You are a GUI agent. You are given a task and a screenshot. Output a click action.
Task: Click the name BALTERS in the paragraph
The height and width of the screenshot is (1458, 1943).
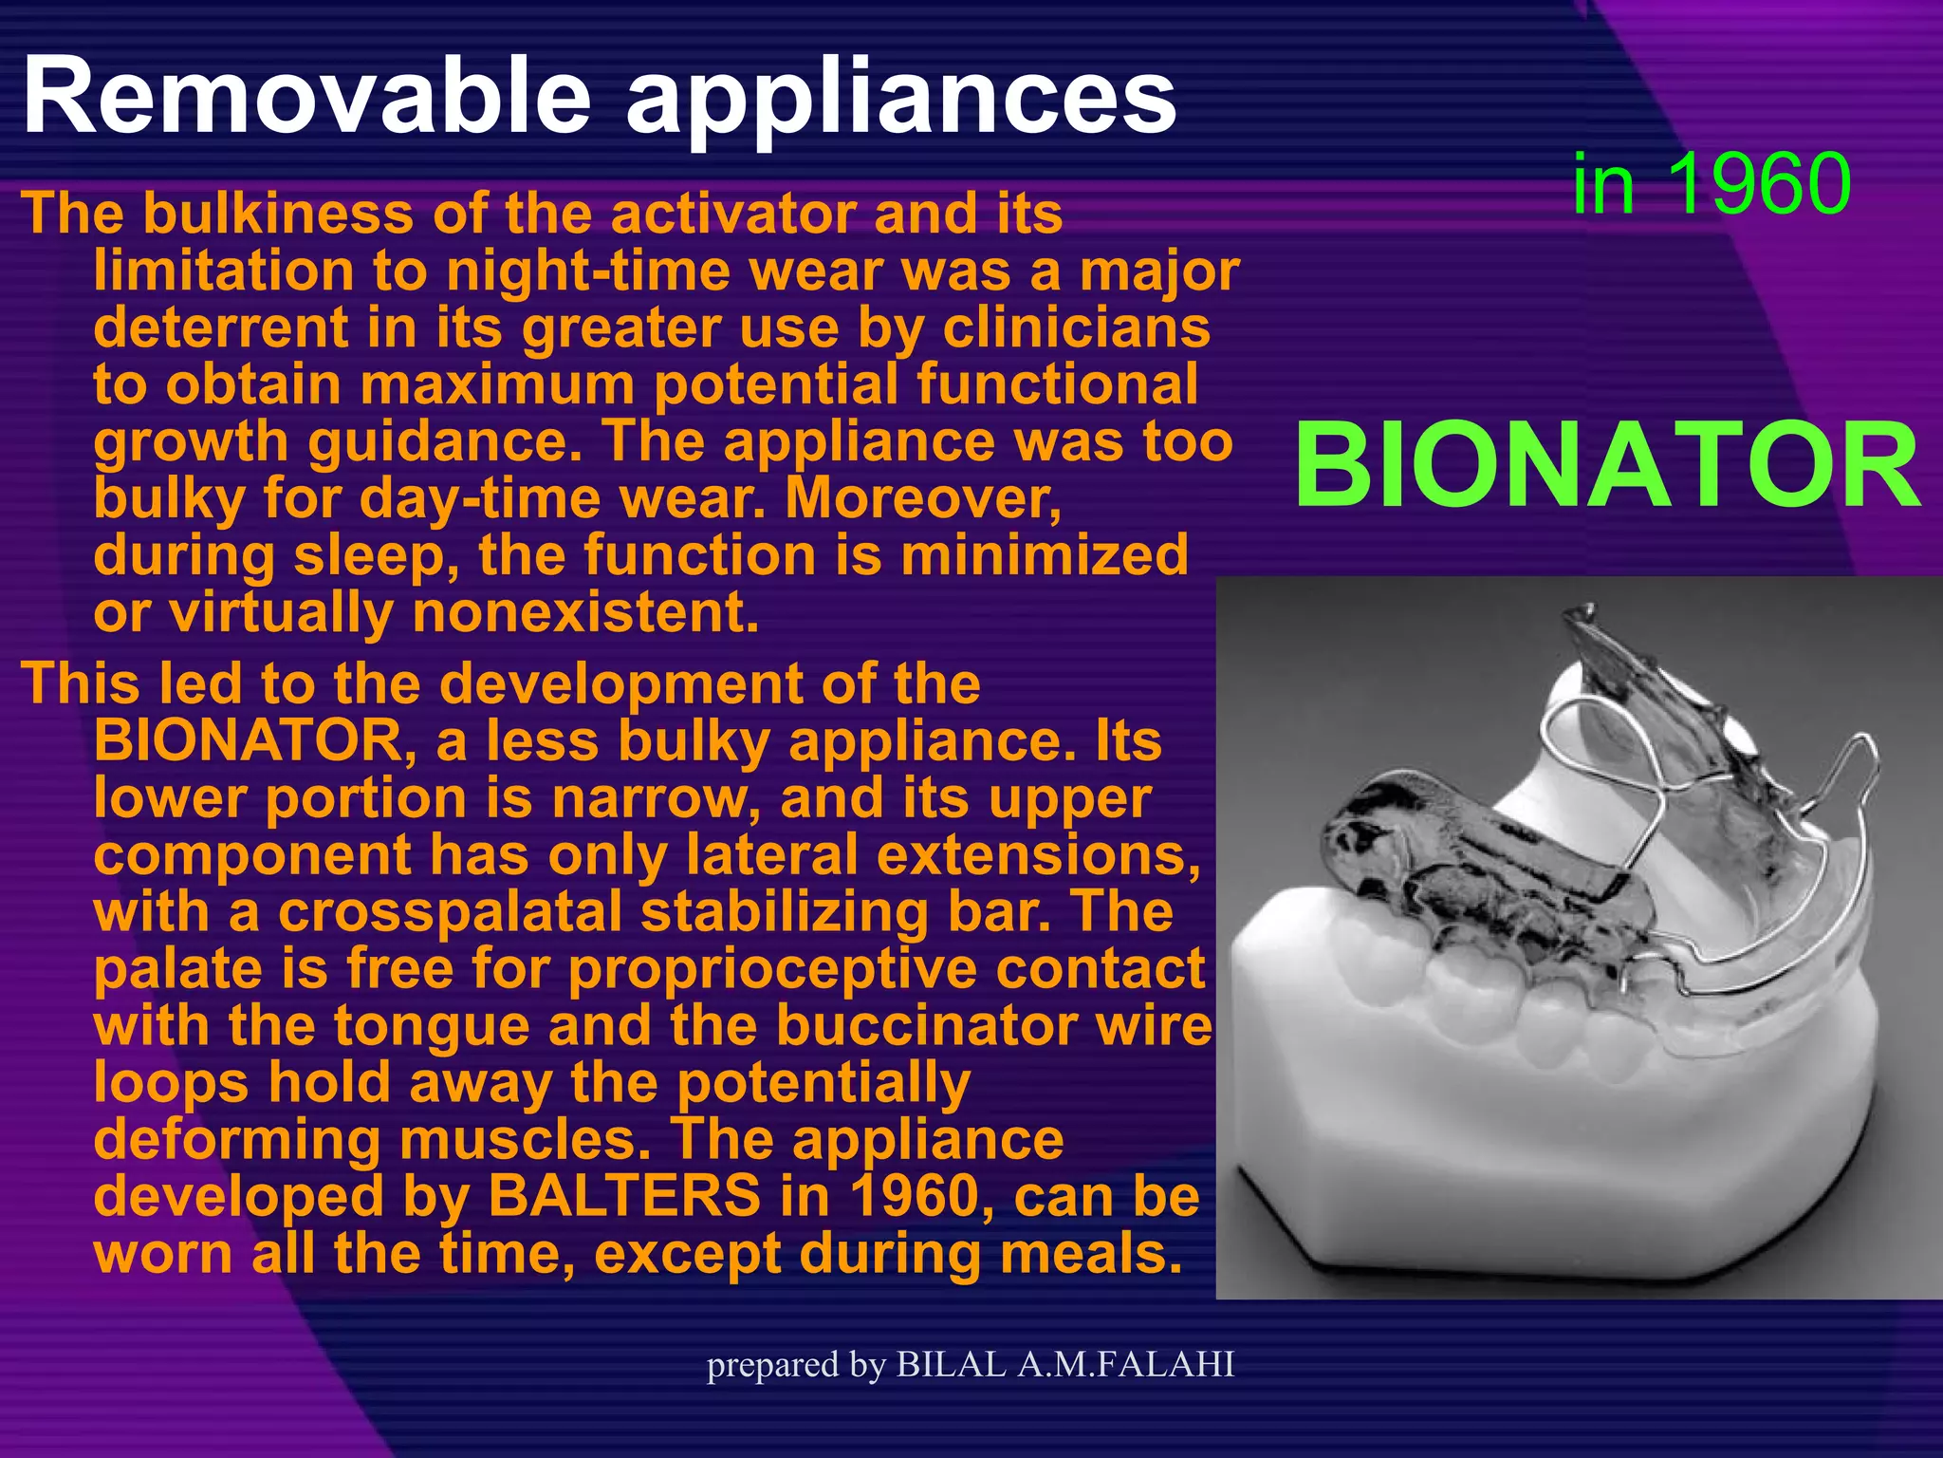[x=623, y=1196]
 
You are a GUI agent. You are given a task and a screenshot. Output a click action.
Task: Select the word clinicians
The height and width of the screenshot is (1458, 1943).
[x=1076, y=328]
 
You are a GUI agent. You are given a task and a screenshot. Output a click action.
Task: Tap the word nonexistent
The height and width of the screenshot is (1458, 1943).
[x=585, y=613]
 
